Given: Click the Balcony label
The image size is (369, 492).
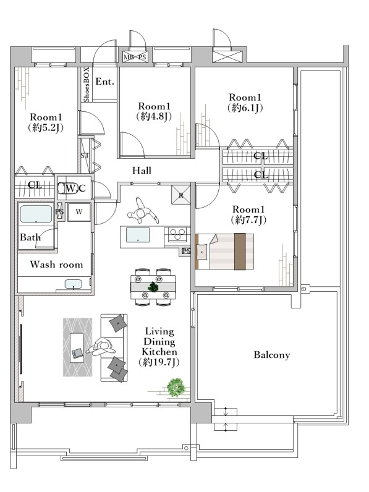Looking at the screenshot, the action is point(271,355).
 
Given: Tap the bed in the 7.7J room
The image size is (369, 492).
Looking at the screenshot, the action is point(224,252).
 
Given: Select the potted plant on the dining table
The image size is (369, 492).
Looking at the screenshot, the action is point(153,287).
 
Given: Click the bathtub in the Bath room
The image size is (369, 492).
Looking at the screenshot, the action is point(36,214).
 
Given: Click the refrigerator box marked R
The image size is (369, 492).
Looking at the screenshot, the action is point(180,195).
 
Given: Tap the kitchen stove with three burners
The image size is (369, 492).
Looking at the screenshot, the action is point(177,234).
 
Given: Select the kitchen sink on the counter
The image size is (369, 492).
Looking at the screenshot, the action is point(138,235).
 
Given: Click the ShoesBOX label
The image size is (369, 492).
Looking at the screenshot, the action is point(87,85).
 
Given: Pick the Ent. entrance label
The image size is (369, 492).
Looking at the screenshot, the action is point(105,82).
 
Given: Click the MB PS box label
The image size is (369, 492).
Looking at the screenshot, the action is point(135,57).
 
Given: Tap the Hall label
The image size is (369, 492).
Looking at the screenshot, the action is point(142,171).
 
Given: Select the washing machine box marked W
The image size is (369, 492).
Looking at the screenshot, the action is point(79,212).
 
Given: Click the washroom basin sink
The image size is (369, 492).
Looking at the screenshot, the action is point(74,284).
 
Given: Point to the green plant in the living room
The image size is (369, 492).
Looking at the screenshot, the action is point(176,388).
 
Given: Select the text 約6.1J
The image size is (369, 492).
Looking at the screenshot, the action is point(245,108).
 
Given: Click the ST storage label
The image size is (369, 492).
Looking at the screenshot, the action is point(84,155).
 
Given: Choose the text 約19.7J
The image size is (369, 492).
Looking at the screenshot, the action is point(159,362).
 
